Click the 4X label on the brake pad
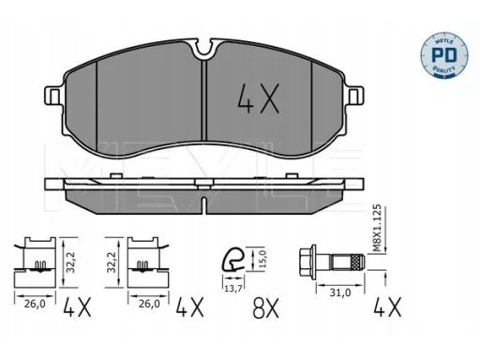point(258,98)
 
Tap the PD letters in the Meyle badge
point(444,55)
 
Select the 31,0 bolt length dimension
point(340,292)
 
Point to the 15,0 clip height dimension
point(262,259)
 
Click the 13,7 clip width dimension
point(233,289)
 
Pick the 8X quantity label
point(265,307)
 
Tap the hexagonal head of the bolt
point(307,262)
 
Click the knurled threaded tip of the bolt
point(357,262)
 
